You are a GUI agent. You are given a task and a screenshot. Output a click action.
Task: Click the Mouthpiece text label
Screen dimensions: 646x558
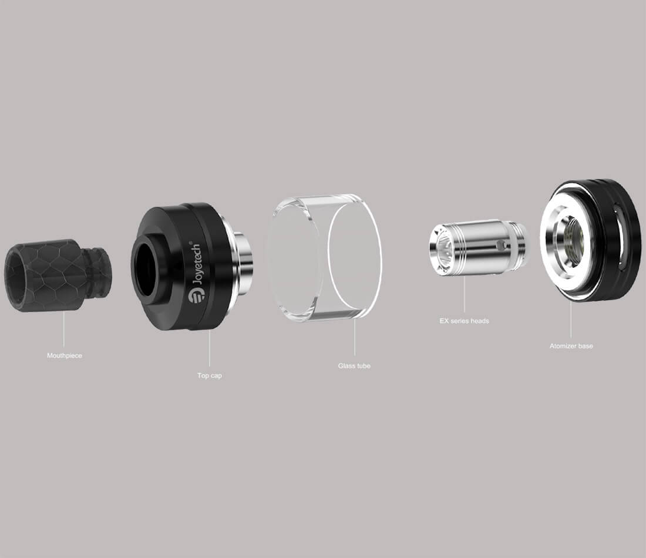point(64,356)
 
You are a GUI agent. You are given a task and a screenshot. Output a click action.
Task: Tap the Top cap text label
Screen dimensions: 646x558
point(209,375)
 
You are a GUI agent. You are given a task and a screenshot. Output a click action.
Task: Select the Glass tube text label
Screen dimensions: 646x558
point(354,366)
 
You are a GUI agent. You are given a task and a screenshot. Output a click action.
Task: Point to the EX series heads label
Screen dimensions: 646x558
point(465,321)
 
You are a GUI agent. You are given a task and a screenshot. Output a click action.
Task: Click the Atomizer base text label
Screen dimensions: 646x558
point(571,346)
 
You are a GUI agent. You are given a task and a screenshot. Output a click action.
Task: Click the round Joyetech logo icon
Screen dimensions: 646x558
point(196,296)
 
